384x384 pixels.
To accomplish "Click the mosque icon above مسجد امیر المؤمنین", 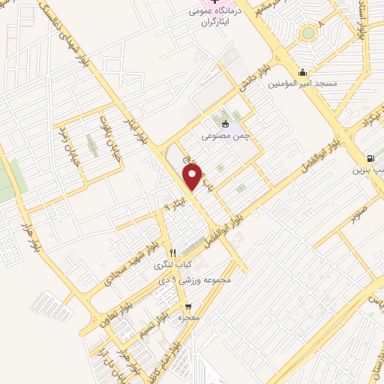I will click(x=301, y=72).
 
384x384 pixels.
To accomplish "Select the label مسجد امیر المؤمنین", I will click(x=301, y=85).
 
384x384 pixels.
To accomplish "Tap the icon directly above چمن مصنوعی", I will click(x=223, y=123).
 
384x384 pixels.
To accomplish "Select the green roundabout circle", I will click(x=307, y=33).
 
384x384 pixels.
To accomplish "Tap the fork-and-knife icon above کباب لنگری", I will click(x=173, y=252).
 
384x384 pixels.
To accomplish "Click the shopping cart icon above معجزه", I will click(x=188, y=306).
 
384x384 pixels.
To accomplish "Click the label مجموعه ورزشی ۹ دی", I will click(x=193, y=280).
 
